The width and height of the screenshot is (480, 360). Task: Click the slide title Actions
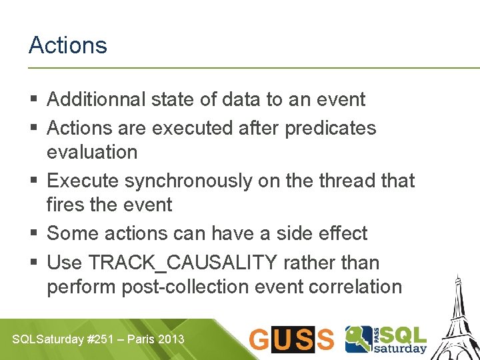point(67,45)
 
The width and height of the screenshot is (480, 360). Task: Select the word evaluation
point(92,152)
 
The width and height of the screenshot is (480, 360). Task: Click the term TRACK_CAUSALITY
point(183,263)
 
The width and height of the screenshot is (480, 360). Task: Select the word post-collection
point(197,287)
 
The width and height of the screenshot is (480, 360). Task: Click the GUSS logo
point(291,339)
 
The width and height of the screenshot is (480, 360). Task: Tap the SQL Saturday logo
point(386,339)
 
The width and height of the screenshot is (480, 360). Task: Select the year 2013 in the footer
point(172,339)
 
